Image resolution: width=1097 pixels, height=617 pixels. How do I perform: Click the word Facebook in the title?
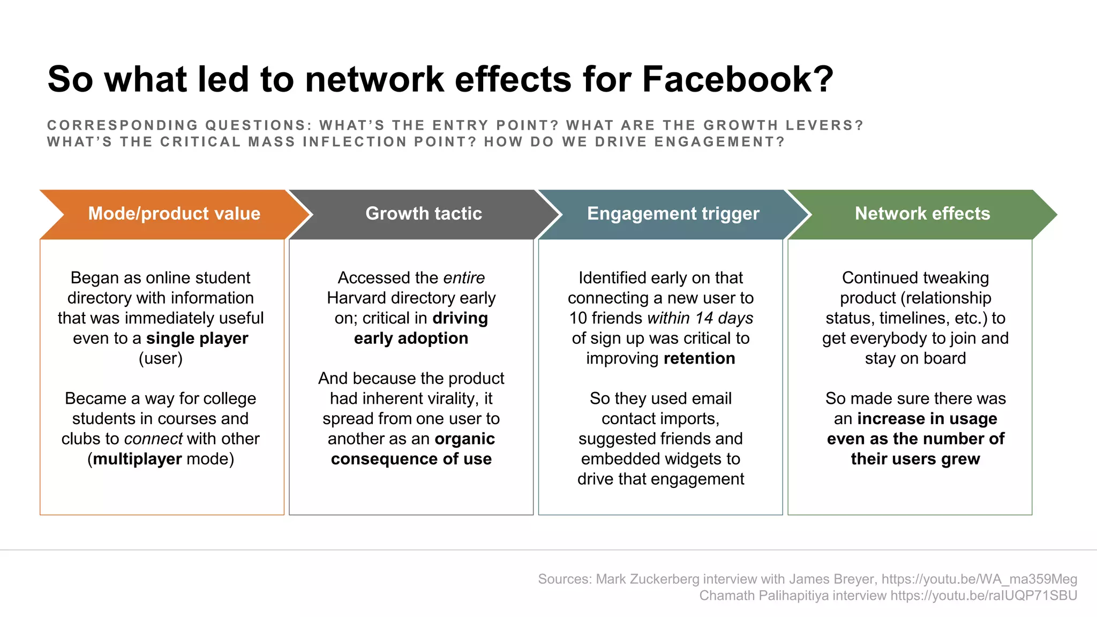point(737,79)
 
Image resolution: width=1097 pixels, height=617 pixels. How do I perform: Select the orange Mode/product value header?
point(174,214)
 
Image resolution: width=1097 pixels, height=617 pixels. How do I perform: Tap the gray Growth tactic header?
point(423,214)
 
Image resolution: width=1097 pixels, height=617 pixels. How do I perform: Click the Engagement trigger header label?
point(673,214)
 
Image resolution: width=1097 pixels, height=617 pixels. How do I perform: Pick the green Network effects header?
point(922,214)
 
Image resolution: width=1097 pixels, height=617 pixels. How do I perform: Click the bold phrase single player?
point(197,338)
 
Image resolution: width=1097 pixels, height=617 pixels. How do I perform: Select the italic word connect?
point(153,439)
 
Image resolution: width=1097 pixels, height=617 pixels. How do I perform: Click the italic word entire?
point(463,278)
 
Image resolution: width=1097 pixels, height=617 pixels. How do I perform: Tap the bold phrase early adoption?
point(411,338)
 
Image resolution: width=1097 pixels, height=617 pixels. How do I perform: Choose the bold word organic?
point(464,439)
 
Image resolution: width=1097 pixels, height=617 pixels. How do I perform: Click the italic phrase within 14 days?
point(700,318)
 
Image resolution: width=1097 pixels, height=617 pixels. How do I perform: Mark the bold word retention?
point(699,358)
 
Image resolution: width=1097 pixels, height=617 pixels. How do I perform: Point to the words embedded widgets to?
point(660,459)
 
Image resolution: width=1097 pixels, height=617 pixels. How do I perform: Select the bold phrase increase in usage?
point(927,419)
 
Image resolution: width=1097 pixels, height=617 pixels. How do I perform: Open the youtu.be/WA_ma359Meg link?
point(979,579)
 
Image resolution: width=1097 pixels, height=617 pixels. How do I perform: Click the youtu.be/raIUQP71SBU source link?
point(983,596)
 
